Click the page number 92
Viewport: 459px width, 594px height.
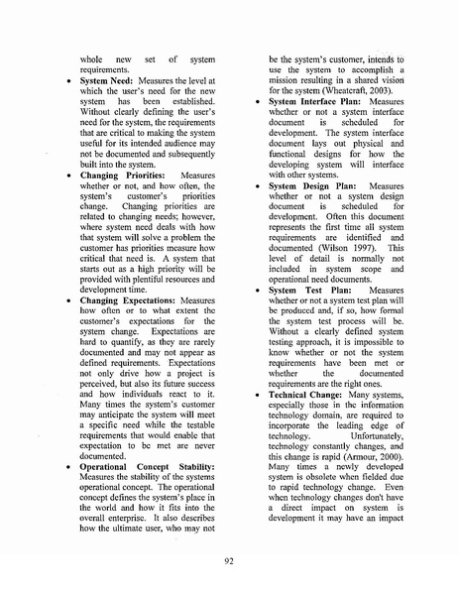[x=229, y=560]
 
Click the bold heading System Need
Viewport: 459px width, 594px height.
[x=111, y=79]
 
